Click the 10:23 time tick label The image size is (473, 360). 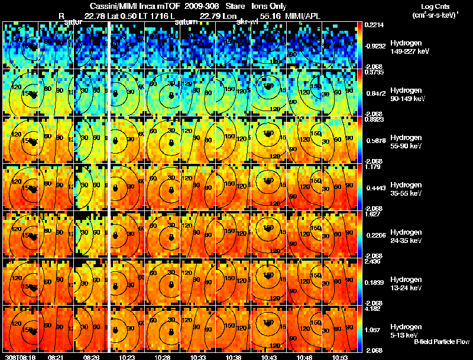[x=127, y=357]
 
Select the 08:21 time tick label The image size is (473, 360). [x=56, y=357]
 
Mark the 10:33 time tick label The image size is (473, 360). [x=197, y=357]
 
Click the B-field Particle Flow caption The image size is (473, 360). [x=442, y=342]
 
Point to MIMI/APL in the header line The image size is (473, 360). [x=303, y=16]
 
